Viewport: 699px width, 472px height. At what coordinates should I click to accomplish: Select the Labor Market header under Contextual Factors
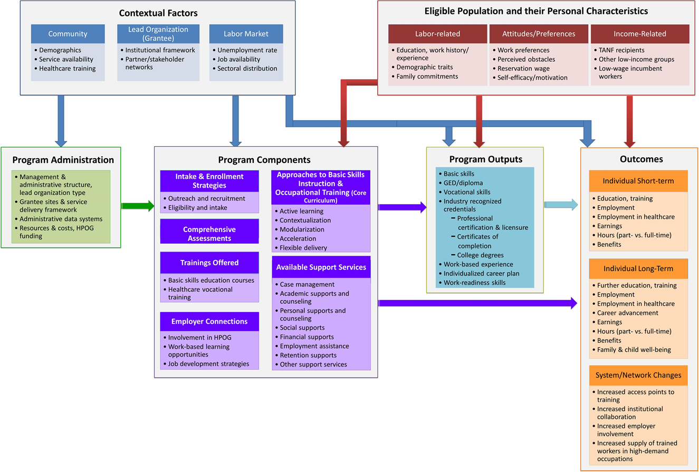(x=246, y=34)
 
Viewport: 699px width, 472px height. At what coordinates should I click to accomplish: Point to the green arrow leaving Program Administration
(x=136, y=206)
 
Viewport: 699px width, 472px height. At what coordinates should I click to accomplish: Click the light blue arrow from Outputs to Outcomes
(x=561, y=206)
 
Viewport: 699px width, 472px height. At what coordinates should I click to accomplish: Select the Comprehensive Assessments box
(x=209, y=234)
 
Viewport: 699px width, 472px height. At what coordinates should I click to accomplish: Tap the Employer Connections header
(x=209, y=321)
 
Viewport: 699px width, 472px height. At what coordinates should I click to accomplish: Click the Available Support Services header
(x=321, y=267)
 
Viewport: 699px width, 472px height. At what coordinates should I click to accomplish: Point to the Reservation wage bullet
(x=524, y=68)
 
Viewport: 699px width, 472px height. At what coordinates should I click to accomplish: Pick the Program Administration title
(x=63, y=160)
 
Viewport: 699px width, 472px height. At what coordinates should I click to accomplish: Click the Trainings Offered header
(x=209, y=262)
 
